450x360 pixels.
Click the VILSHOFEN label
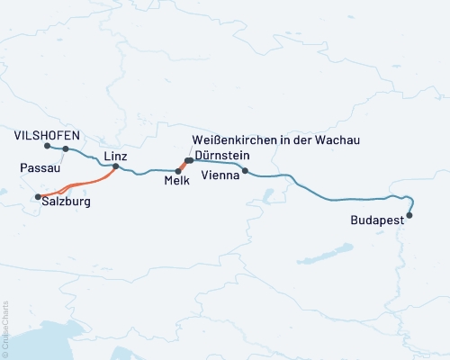coord(48,135)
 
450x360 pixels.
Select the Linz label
coord(115,156)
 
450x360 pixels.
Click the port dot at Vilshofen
coord(46,145)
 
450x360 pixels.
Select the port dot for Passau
coord(66,149)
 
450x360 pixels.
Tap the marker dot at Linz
coord(115,166)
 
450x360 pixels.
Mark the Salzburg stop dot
coord(37,196)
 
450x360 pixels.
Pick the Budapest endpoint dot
coord(410,215)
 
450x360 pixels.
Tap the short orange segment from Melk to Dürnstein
coord(183,166)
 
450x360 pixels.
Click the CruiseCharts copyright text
coord(5,328)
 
